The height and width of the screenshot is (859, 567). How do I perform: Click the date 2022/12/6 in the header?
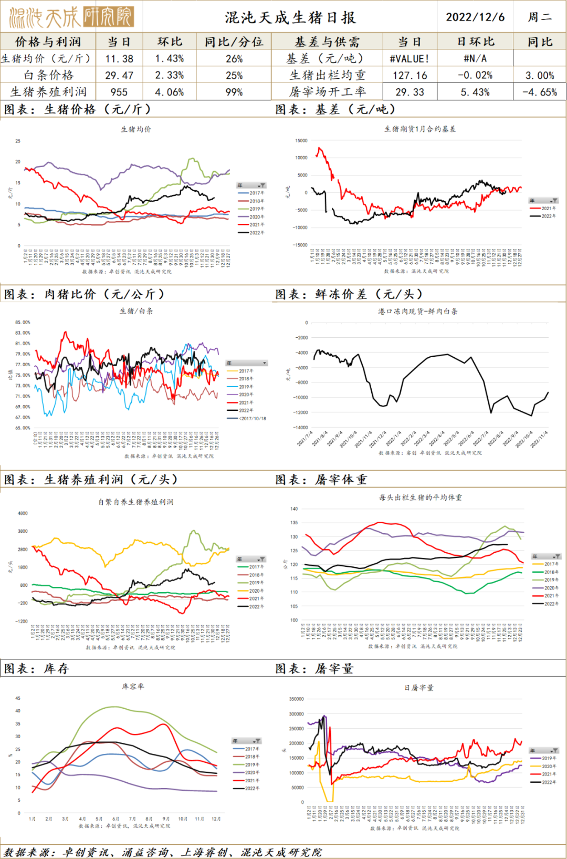(x=475, y=17)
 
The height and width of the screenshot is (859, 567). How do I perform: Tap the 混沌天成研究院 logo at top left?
(x=71, y=17)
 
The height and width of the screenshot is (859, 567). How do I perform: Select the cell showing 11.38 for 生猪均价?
(x=119, y=59)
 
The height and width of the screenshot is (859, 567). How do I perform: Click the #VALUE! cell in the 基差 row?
(x=409, y=59)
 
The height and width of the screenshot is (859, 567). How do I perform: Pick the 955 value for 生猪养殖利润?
(x=119, y=92)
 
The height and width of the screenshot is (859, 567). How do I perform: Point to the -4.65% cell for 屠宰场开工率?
(x=540, y=92)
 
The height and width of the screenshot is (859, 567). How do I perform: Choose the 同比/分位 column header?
(x=234, y=42)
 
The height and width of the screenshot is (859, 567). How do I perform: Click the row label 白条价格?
(x=48, y=75)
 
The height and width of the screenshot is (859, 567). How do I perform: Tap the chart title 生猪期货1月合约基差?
(x=420, y=129)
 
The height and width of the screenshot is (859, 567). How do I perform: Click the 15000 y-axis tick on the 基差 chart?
(x=301, y=141)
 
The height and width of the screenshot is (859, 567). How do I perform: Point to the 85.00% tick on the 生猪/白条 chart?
(x=23, y=322)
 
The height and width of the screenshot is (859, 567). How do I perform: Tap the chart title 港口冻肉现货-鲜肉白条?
(x=418, y=311)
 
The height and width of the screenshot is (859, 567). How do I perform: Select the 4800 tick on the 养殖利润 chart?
(x=23, y=513)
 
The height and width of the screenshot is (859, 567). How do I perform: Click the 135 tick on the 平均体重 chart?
(x=294, y=523)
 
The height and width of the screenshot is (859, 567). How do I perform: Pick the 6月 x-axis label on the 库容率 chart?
(x=115, y=819)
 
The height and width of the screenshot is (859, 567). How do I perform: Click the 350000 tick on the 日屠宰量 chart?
(x=297, y=699)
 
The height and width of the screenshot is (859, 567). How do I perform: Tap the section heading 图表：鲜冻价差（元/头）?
(x=349, y=294)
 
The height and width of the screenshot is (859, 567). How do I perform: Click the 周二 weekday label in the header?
(x=540, y=17)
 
